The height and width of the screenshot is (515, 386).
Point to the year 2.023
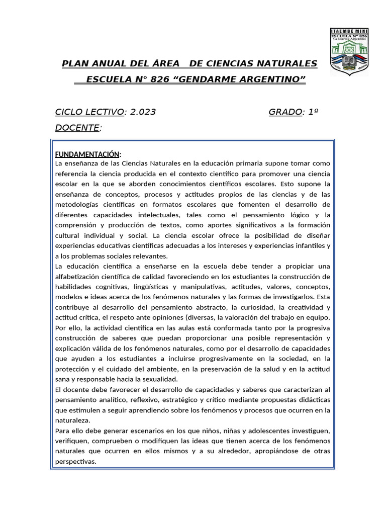pos(143,112)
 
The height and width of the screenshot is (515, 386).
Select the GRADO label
pos(285,112)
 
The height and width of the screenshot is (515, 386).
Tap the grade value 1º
pos(313,112)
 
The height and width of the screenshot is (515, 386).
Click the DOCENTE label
pos(76,128)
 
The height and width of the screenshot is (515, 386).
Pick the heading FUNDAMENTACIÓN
pos(87,153)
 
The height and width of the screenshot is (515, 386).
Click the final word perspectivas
pos(75,461)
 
